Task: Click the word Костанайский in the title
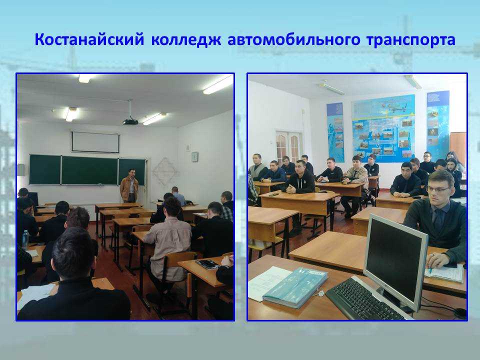pos(89,40)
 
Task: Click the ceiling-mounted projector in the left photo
pos(130,121)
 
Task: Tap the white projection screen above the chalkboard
pos(95,142)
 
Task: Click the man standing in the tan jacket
pos(129,186)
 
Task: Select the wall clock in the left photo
pos(194,156)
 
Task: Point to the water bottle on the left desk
pos(25,239)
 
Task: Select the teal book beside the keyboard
pos(295,287)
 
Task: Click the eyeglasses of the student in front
pos(438,189)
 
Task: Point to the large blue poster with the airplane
pos(383,128)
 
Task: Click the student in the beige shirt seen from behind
pos(168,239)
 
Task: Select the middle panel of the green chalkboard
pos(89,170)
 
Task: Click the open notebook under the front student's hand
pos(444,272)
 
